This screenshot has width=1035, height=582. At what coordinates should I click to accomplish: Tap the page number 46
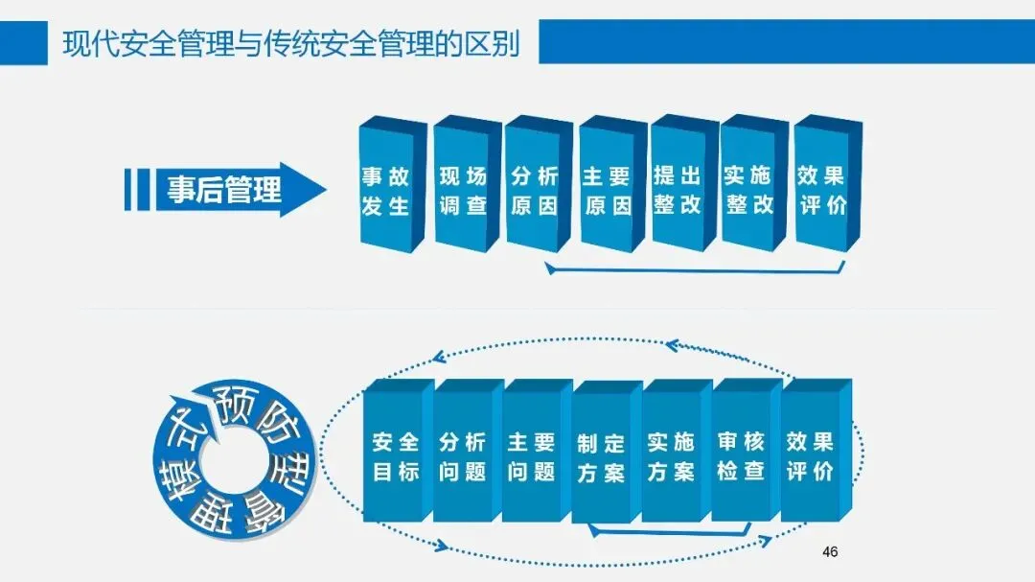(x=830, y=551)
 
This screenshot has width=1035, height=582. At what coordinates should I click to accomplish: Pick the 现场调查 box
(x=463, y=191)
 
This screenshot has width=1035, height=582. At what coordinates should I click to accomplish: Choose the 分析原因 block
(x=534, y=191)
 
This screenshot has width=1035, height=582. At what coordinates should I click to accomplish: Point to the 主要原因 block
(x=607, y=191)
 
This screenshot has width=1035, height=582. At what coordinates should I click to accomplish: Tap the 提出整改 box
(x=678, y=190)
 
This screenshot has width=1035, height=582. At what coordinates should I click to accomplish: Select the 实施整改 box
(x=749, y=190)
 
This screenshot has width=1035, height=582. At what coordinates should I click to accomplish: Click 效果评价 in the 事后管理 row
(x=821, y=190)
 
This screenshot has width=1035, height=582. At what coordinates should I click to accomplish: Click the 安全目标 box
(x=396, y=456)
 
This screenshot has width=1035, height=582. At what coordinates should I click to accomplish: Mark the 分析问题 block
(x=463, y=456)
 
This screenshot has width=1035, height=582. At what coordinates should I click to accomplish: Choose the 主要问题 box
(x=532, y=456)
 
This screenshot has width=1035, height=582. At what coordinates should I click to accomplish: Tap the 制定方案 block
(x=602, y=458)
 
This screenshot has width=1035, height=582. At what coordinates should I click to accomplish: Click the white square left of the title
(x=23, y=42)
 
